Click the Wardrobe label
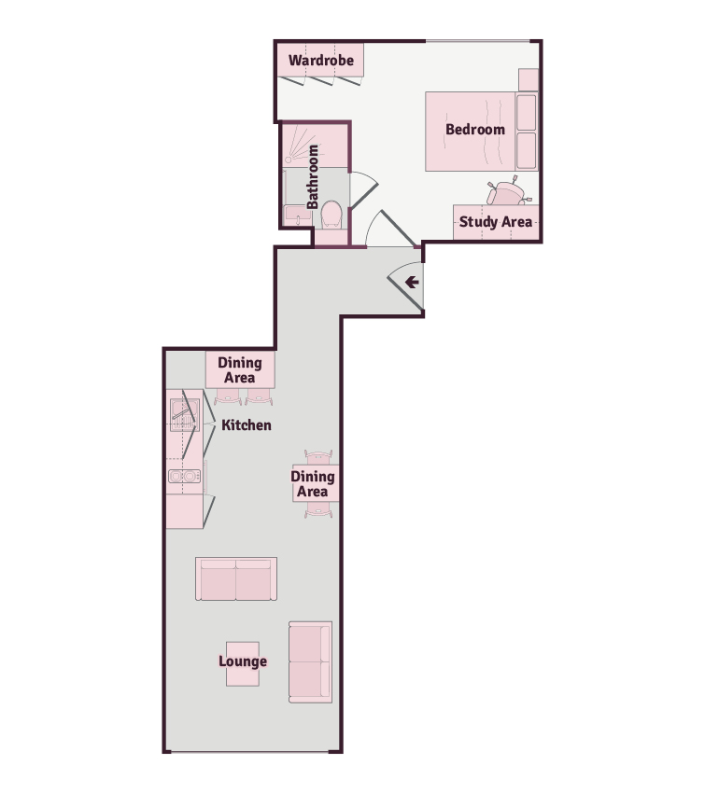321,61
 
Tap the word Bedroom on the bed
475,130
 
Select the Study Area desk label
496,222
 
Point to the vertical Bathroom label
313,177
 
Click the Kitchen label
247,425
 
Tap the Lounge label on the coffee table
243,661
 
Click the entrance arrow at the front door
412,282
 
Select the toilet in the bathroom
331,214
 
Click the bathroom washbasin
298,216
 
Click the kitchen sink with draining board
185,415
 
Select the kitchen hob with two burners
185,476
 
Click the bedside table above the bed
529,80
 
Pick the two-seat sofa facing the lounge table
236,579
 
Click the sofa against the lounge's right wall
310,662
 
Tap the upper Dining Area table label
240,370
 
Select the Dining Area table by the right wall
316,483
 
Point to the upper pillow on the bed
527,112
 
